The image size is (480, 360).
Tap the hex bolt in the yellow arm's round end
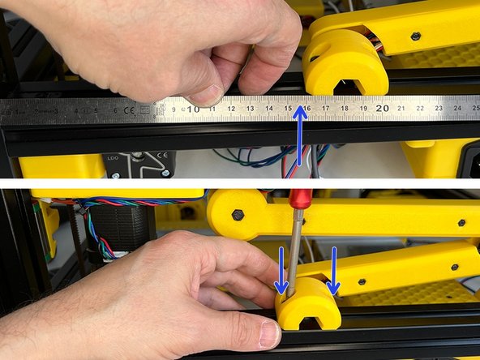click(x=238, y=215)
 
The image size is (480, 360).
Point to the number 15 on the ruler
click(x=289, y=107)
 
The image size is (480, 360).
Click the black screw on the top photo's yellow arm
click(x=415, y=36)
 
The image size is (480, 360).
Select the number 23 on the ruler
click(x=439, y=105)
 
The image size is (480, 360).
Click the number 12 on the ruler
click(x=232, y=108)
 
